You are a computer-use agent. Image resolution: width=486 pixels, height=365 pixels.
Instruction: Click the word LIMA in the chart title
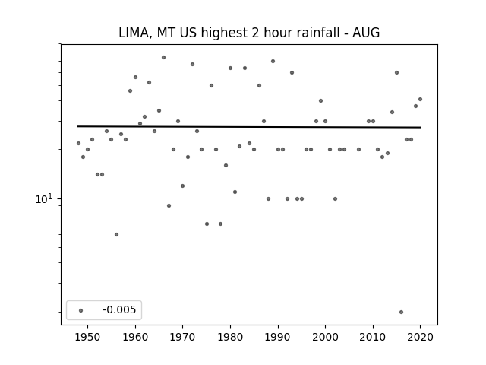click(132, 33)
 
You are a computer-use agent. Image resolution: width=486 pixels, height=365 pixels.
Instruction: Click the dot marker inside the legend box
click(80, 310)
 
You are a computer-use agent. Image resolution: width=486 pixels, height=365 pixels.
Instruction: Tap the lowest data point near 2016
click(401, 312)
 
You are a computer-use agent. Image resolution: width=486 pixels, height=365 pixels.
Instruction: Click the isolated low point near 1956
click(116, 234)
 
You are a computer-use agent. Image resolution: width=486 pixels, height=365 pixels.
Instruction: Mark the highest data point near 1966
click(163, 57)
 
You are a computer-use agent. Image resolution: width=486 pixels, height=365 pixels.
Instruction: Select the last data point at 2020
click(420, 99)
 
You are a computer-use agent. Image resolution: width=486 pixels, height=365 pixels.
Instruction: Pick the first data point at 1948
click(78, 143)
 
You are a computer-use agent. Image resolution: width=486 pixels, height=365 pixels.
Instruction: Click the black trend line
click(251, 127)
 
